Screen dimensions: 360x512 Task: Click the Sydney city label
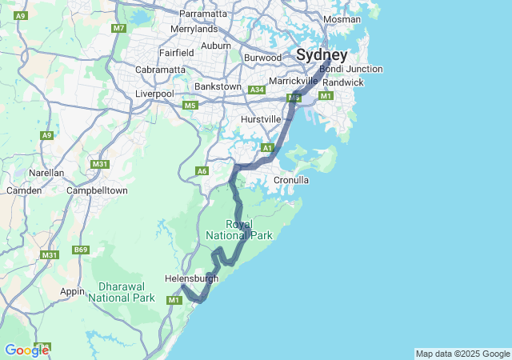point(322,55)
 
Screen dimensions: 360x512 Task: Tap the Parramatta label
point(203,14)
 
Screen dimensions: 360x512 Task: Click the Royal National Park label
point(239,230)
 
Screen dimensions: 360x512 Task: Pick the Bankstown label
point(218,86)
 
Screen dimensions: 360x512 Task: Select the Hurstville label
point(261,119)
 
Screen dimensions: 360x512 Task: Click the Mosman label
point(342,18)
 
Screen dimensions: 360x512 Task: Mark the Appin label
point(73,291)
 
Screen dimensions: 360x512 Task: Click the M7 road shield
point(119,28)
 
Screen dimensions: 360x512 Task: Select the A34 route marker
point(257,90)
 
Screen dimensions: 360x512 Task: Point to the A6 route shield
point(202,170)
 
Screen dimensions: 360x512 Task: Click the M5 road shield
point(190,105)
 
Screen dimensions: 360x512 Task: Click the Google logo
point(26,350)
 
